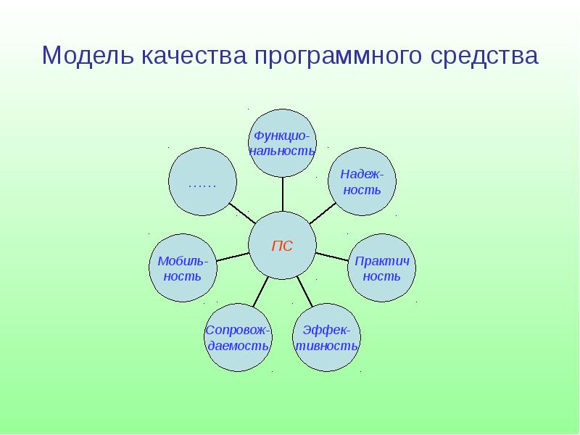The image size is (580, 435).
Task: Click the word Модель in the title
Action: (85, 57)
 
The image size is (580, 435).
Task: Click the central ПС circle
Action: (282, 246)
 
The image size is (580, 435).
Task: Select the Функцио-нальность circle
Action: (282, 143)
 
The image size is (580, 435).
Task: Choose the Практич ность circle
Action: (381, 268)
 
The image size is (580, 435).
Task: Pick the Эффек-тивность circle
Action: (326, 338)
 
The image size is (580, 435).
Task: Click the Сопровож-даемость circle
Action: (239, 338)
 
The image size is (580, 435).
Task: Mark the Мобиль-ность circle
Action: (182, 268)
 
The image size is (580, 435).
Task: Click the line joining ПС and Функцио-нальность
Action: (282, 194)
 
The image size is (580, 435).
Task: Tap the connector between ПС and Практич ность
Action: (331, 257)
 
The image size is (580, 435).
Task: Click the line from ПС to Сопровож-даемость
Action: (260, 291)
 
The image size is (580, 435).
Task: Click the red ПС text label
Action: (282, 246)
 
